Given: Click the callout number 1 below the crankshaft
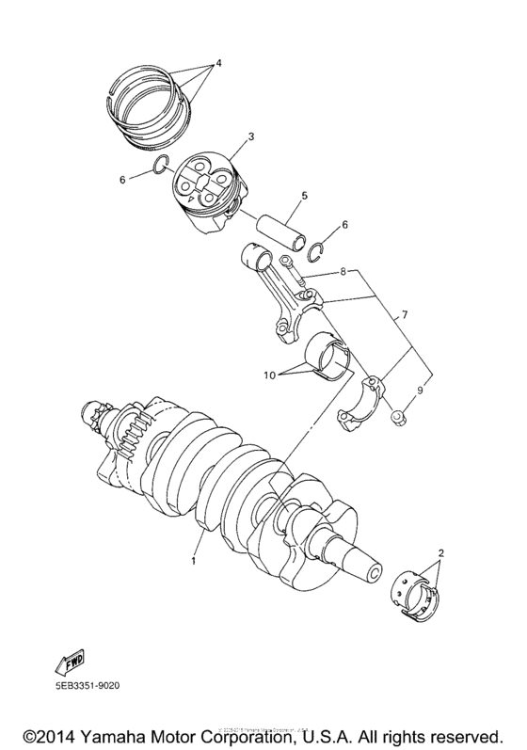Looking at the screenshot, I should tap(194, 562).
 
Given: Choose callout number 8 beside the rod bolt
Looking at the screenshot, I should tap(345, 271).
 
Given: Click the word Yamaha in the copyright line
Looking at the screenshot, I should tap(137, 732).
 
